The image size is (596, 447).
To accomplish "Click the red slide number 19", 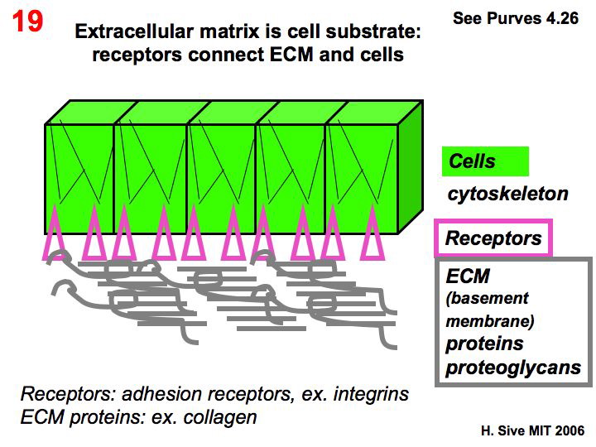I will [x=28, y=22].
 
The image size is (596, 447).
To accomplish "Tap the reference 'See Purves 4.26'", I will [x=515, y=18].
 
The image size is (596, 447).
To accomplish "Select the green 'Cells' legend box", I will [x=484, y=161].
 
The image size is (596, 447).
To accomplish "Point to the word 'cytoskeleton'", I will [x=507, y=195].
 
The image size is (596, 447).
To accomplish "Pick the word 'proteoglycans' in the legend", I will [x=513, y=368].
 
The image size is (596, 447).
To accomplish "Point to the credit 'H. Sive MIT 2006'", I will [x=532, y=431].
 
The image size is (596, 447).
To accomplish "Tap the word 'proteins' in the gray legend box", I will [x=484, y=344].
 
